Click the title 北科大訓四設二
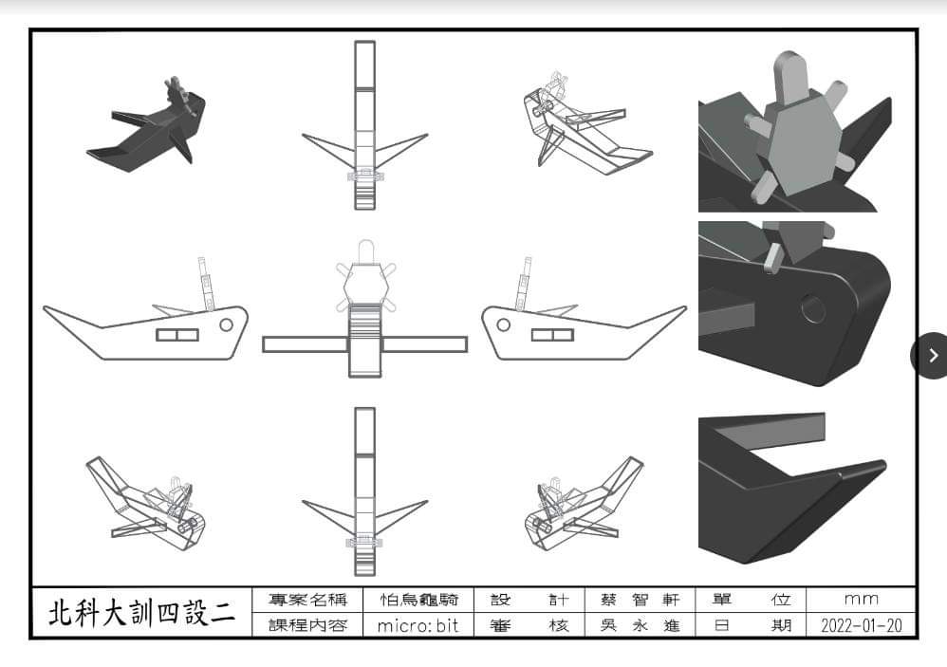tap(142, 613)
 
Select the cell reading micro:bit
tap(418, 626)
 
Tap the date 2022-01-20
tap(861, 626)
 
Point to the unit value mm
tap(861, 600)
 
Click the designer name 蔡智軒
tap(641, 600)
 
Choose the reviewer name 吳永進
tap(641, 626)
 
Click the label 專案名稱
tap(308, 600)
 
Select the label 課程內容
tap(308, 626)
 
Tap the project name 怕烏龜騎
tap(418, 600)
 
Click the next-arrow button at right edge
tap(933, 355)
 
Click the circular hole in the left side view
tap(226, 324)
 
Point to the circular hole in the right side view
tap(504, 324)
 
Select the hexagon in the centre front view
tap(365, 282)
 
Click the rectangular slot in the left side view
tap(177, 334)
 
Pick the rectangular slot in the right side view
tap(551, 334)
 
